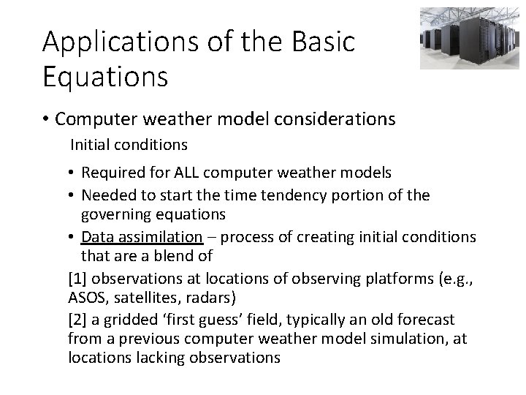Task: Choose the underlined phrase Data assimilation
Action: point(141,238)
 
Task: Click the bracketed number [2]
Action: point(77,320)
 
